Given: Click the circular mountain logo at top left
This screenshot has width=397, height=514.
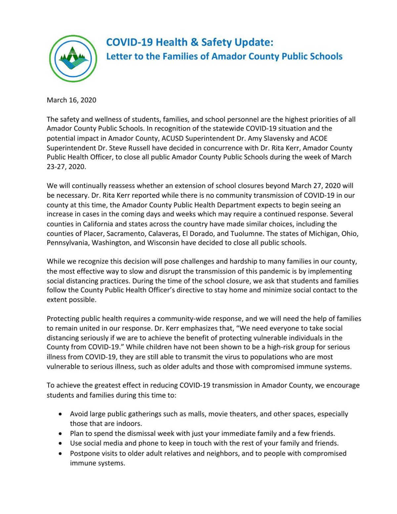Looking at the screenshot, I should [x=73, y=59].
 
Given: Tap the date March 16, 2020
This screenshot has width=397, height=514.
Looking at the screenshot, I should [x=71, y=100].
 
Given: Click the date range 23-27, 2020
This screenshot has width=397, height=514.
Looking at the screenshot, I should [x=66, y=167].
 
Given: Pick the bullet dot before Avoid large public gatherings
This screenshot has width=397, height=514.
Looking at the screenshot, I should [x=60, y=414].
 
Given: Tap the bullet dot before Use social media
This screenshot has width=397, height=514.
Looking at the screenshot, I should [x=60, y=443].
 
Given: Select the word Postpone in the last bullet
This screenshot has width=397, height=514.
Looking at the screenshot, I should [x=83, y=453].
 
